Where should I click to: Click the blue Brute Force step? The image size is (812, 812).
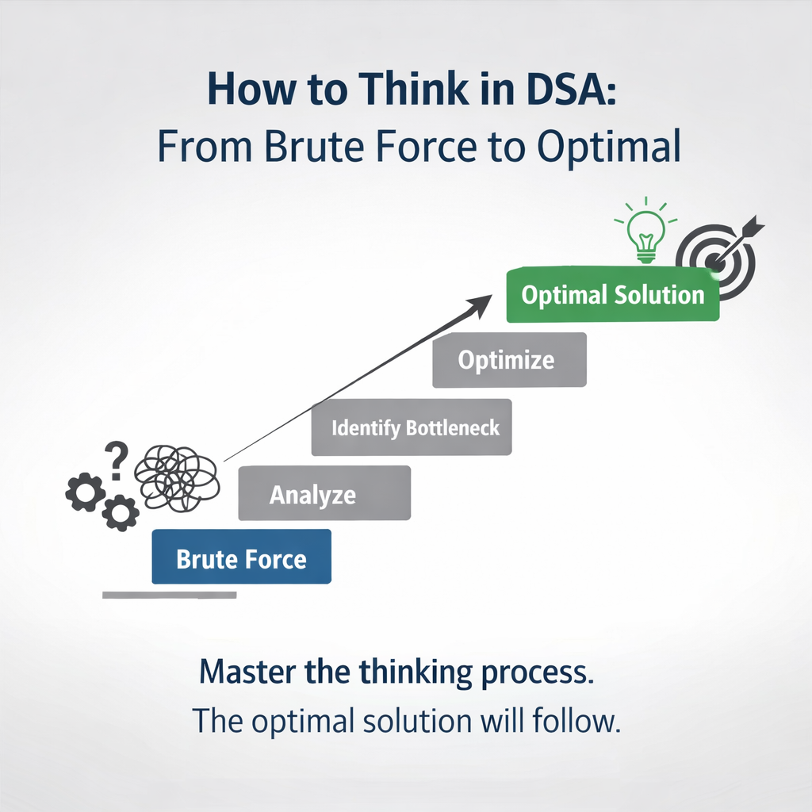click(x=241, y=557)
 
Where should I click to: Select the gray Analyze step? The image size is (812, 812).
click(x=324, y=493)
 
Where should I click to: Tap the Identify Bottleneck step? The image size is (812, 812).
click(x=411, y=427)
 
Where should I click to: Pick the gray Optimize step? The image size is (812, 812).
click(x=509, y=360)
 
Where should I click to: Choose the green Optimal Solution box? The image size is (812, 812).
click(x=612, y=295)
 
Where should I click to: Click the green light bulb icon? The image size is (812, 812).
click(x=645, y=231)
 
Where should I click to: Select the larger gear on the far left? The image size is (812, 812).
click(x=85, y=492)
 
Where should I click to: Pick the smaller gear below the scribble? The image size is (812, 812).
click(x=121, y=512)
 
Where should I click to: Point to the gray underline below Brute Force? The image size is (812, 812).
click(x=169, y=595)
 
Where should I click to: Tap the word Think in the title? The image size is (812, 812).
click(x=390, y=90)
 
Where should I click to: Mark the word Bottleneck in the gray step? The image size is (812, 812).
click(x=452, y=428)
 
